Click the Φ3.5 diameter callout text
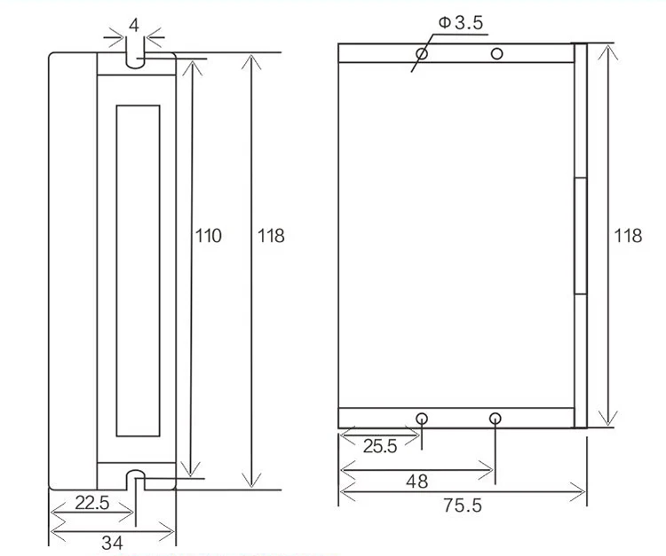461,22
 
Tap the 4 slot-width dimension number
134,26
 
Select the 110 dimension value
208,236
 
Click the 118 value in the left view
271,236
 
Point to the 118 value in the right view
628,236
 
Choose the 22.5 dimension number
92,503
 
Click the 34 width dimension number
113,543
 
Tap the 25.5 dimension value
380,446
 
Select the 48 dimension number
417,482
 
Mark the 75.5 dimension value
463,505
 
